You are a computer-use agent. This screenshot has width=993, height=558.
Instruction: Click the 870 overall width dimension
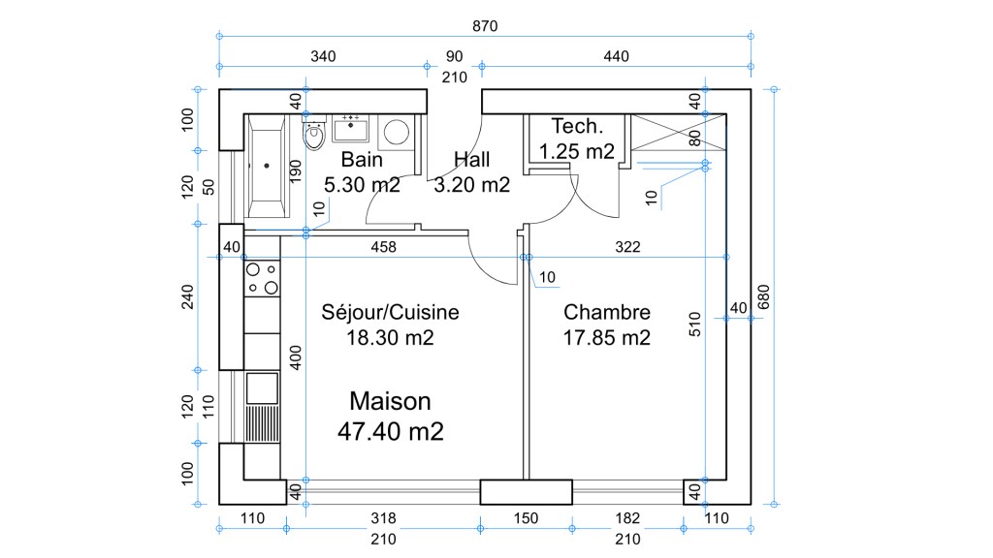point(485,26)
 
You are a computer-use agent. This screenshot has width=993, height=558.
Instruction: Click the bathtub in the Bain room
point(266,166)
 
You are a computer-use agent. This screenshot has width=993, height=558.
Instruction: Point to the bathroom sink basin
point(349,127)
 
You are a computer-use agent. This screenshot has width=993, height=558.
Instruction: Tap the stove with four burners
point(262,278)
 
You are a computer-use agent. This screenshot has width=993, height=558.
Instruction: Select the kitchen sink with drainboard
point(262,407)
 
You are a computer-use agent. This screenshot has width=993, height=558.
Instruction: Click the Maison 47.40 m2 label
point(390,416)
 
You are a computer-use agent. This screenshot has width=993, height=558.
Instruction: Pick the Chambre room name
point(607,313)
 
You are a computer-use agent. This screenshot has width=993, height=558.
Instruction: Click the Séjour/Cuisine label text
point(390,313)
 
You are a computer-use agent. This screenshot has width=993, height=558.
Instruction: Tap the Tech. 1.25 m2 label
point(577,139)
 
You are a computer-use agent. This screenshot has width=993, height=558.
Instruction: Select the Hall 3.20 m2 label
point(472,172)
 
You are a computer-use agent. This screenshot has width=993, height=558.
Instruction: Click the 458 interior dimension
point(384,248)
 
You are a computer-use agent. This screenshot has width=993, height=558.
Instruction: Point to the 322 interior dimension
point(628,248)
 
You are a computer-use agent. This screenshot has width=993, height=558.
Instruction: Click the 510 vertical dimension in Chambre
point(694,323)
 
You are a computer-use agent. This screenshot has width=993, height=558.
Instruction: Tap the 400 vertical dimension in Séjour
point(296,356)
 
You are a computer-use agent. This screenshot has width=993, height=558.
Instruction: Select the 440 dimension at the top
point(616,56)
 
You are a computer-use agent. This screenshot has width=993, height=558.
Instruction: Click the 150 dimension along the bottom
point(525,518)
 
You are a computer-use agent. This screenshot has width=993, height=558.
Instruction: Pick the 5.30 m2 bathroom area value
point(362,184)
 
